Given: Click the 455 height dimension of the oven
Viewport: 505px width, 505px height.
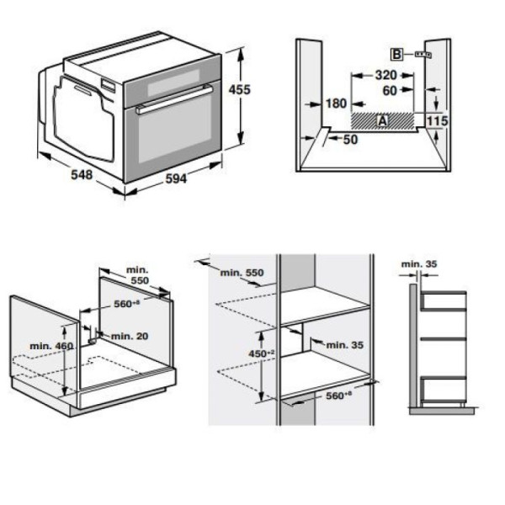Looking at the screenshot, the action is [x=240, y=89].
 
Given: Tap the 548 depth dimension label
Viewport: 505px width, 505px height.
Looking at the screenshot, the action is [x=82, y=174].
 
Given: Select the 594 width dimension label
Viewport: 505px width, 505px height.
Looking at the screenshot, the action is [x=176, y=178].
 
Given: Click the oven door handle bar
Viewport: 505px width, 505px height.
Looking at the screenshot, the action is [x=174, y=98].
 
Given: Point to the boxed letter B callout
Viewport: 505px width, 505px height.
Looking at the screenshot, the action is [x=396, y=54].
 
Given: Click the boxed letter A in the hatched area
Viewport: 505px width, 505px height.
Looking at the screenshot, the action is [x=382, y=120].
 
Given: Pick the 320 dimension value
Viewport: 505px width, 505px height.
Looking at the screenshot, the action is [x=385, y=75].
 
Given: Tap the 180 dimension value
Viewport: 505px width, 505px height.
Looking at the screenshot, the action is [x=336, y=104].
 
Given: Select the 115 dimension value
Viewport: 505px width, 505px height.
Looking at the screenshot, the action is [x=438, y=120].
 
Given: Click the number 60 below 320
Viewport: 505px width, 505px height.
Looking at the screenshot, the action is [x=390, y=91].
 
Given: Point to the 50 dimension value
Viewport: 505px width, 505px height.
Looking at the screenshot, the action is [x=350, y=140].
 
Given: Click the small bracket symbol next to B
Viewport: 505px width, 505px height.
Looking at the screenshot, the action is [x=423, y=55].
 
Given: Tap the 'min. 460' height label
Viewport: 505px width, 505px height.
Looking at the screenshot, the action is [x=51, y=346].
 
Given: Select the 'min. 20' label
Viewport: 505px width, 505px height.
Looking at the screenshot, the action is [x=130, y=336].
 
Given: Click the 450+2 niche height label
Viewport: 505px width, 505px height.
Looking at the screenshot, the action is [x=262, y=353].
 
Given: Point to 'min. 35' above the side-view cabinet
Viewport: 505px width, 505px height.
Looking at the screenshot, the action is [x=419, y=264].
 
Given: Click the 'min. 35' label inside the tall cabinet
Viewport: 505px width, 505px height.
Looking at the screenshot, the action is [x=345, y=345].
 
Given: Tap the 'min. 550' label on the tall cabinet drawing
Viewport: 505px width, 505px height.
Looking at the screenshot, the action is [x=242, y=273].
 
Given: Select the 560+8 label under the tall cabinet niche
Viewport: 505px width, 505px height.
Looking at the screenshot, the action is [x=339, y=396].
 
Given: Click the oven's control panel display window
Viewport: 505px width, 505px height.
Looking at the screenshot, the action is [x=173, y=82].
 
